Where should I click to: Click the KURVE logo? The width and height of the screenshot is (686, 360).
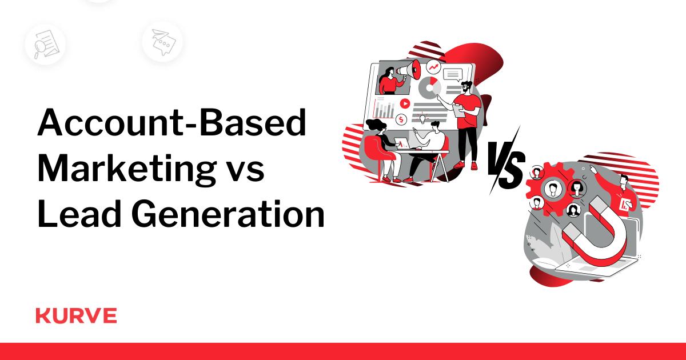[x=76, y=315]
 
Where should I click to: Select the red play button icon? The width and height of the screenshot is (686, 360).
[x=405, y=103]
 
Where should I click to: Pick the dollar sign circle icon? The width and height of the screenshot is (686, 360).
[x=402, y=119]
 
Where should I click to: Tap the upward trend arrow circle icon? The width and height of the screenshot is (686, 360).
[x=433, y=67]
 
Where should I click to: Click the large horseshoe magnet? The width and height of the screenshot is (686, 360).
[x=595, y=231]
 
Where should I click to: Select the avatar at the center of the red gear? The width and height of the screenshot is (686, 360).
[x=552, y=189]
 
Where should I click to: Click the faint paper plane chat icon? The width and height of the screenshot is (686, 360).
[x=161, y=41]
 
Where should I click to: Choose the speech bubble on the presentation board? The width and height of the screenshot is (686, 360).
[x=452, y=74]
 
